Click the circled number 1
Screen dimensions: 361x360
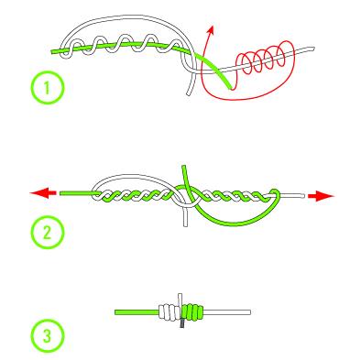[x=48, y=88]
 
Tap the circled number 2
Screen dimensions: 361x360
[x=48, y=233]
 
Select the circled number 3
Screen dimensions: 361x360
[x=48, y=336]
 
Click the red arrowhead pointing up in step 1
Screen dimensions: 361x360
[x=211, y=29]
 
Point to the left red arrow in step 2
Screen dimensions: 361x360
[x=43, y=193]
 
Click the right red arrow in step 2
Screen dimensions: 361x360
[x=322, y=196]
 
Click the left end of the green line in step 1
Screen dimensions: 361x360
[x=52, y=52]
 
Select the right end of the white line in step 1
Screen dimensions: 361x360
[x=312, y=49]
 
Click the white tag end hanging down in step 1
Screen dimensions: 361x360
[x=190, y=84]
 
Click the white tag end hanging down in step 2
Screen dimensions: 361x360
[x=185, y=217]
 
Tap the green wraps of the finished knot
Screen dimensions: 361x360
[x=192, y=312]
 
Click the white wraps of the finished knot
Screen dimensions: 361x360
[x=170, y=312]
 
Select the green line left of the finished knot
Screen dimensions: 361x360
[x=137, y=312]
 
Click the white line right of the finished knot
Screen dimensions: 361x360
[x=226, y=312]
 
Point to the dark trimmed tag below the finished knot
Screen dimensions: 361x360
[x=182, y=323]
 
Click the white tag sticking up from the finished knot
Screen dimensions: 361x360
[x=180, y=300]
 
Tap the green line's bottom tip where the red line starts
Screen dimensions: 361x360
[x=231, y=88]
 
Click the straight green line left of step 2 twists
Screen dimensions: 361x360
[x=78, y=193]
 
